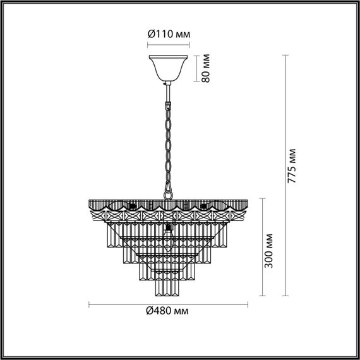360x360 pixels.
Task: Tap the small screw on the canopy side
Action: point(163,83)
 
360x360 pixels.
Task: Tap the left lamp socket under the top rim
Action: point(132,207)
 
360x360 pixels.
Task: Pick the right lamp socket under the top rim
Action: point(203,207)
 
